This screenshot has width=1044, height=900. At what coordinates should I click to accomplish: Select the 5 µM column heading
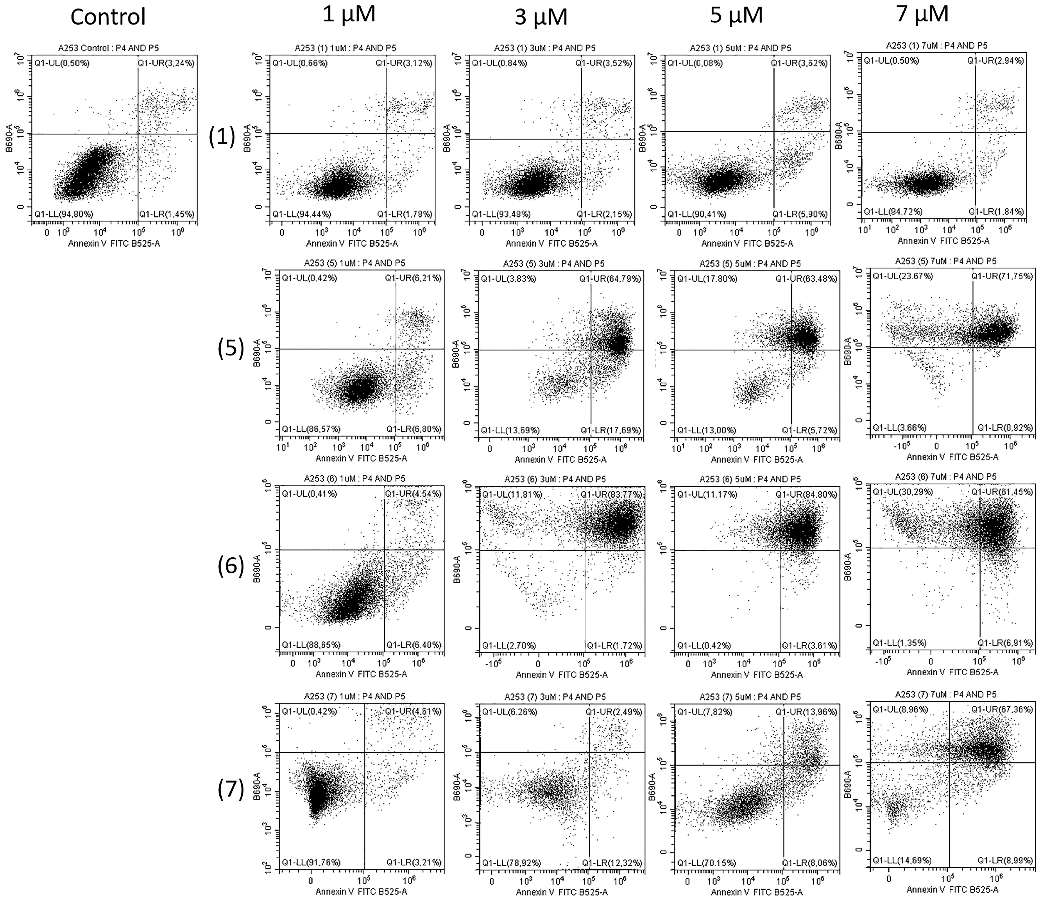736,16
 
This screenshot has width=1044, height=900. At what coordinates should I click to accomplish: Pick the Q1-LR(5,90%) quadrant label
800,214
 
